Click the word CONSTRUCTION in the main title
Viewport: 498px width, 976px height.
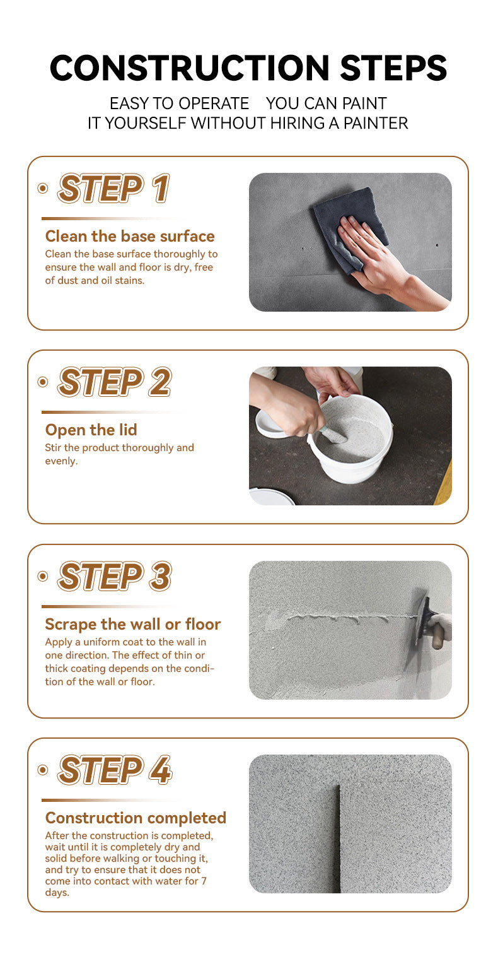tap(189, 68)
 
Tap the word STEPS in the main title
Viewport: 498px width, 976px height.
tap(393, 68)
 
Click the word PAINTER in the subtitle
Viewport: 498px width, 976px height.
tap(376, 123)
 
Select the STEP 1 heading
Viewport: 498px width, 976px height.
tap(113, 188)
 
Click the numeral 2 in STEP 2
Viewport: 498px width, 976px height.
tap(160, 382)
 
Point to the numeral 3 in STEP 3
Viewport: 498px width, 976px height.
tap(160, 576)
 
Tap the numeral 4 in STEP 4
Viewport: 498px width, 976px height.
tap(160, 770)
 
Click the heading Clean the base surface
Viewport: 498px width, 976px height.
tap(130, 236)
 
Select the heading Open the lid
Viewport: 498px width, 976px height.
tap(91, 430)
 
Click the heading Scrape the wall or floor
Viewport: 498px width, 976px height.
tap(133, 625)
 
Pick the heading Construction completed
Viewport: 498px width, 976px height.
tap(136, 818)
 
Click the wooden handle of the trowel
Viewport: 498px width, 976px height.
tap(437, 636)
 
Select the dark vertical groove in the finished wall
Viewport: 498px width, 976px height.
tap(337, 838)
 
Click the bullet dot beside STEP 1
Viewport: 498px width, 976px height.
tap(43, 188)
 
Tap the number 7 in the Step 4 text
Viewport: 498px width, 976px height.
tap(204, 881)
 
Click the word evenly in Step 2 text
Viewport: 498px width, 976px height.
tap(61, 461)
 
